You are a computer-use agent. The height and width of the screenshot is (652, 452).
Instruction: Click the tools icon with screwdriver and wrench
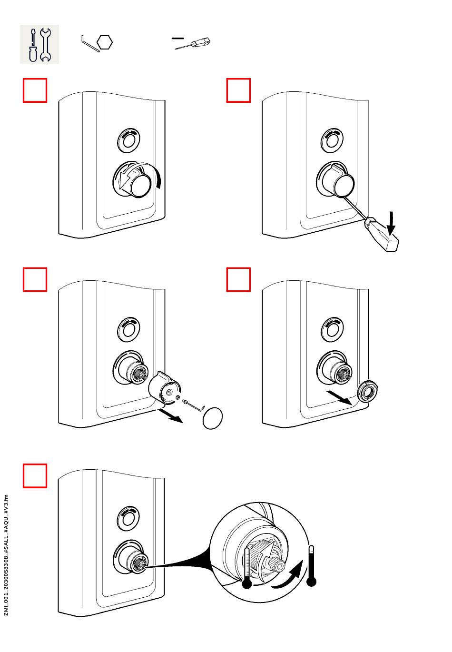39,44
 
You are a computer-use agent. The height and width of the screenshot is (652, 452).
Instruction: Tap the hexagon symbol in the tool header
105,42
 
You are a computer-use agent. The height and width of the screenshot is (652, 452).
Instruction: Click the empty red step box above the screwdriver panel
238,90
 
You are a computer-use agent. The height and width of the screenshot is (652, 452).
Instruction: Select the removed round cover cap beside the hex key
213,418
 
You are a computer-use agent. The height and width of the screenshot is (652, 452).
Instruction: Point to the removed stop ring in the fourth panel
368,390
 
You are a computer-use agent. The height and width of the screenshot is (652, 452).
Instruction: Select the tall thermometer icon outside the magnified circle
312,566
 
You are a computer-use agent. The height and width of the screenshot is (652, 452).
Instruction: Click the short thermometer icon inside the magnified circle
246,568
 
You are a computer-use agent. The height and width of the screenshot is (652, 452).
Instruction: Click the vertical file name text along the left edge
6,554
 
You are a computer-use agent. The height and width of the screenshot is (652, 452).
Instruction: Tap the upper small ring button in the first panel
128,140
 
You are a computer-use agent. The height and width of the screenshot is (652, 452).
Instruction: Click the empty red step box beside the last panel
35,476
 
